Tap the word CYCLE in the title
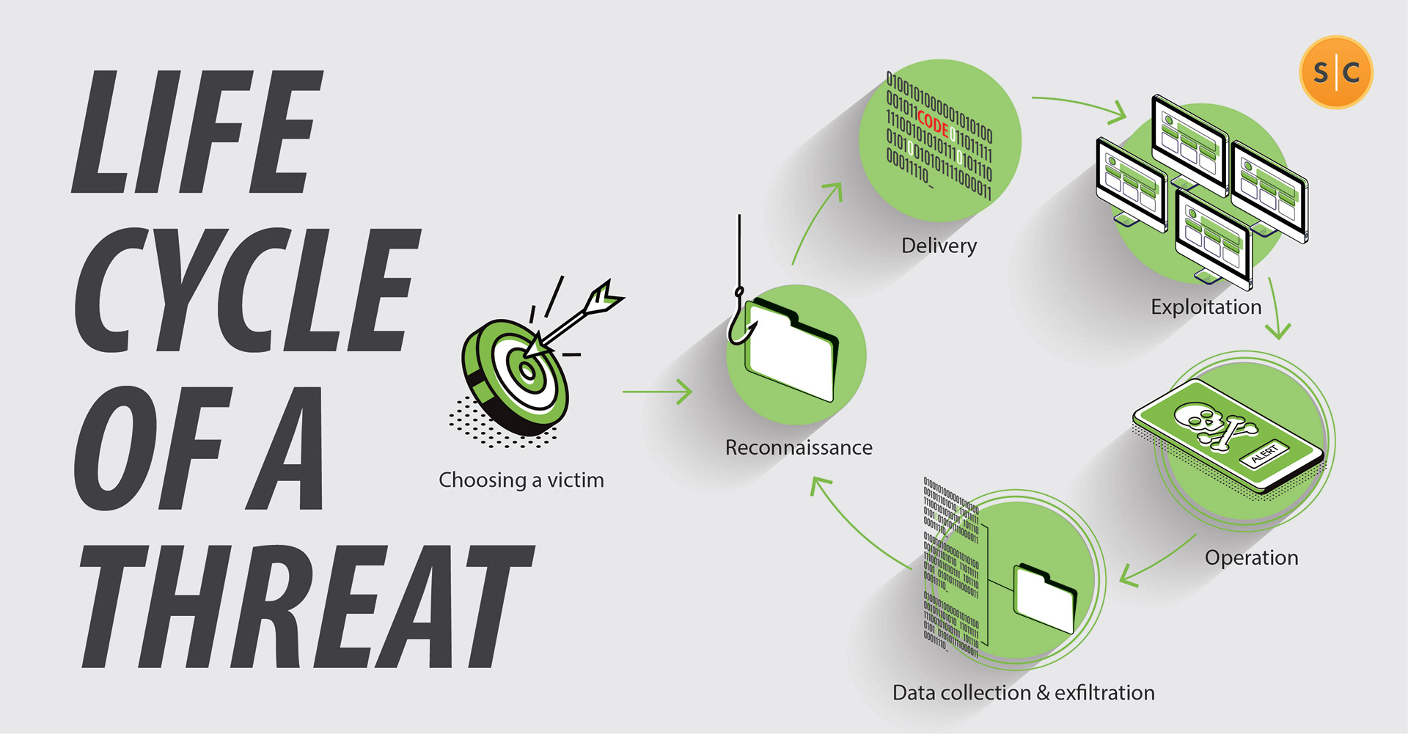point(246,290)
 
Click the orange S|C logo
point(1336,72)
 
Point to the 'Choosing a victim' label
point(521,480)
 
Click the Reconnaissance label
point(799,447)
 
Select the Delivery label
point(939,246)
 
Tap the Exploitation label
point(1206,307)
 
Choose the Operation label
point(1251,558)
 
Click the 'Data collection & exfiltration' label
point(1023,693)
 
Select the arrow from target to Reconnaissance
point(657,392)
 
